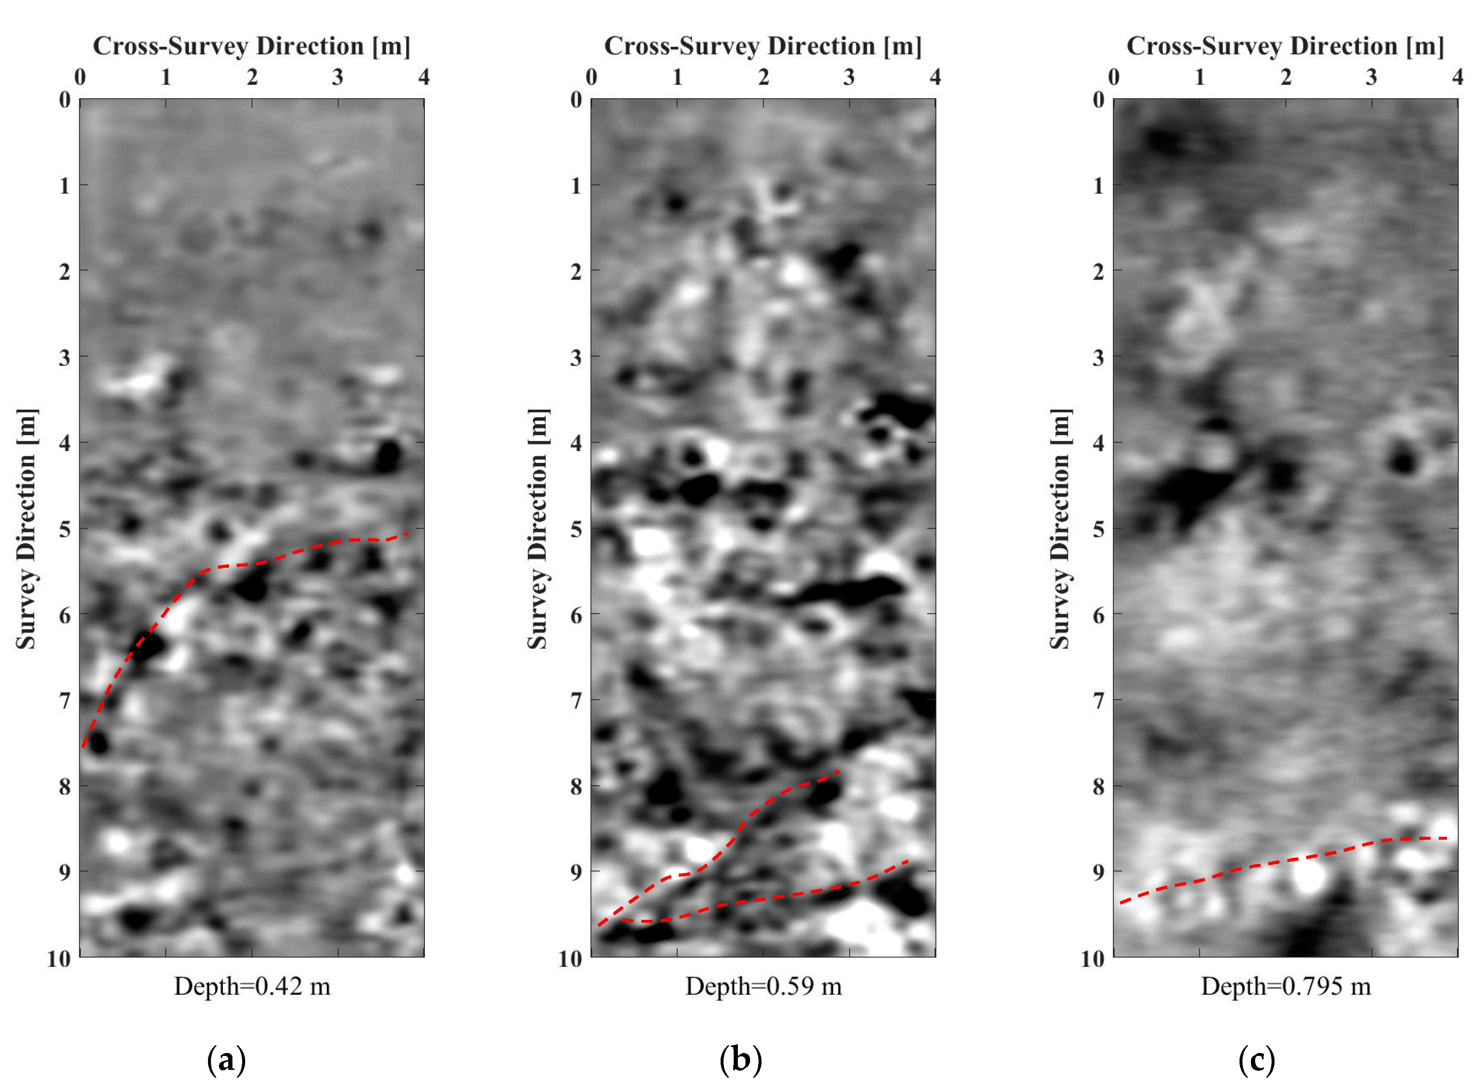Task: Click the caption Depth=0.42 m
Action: (x=252, y=986)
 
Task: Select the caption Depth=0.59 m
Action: (x=763, y=986)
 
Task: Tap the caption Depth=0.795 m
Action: (x=1285, y=986)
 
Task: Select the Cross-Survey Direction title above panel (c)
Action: (x=1285, y=46)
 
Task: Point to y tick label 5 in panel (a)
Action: (x=65, y=529)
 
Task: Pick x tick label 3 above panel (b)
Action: (x=849, y=78)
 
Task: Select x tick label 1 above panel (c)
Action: (x=1199, y=78)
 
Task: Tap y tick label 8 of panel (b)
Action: (x=576, y=786)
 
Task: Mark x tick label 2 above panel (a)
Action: (x=252, y=78)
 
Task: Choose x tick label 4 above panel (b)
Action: (x=935, y=78)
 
